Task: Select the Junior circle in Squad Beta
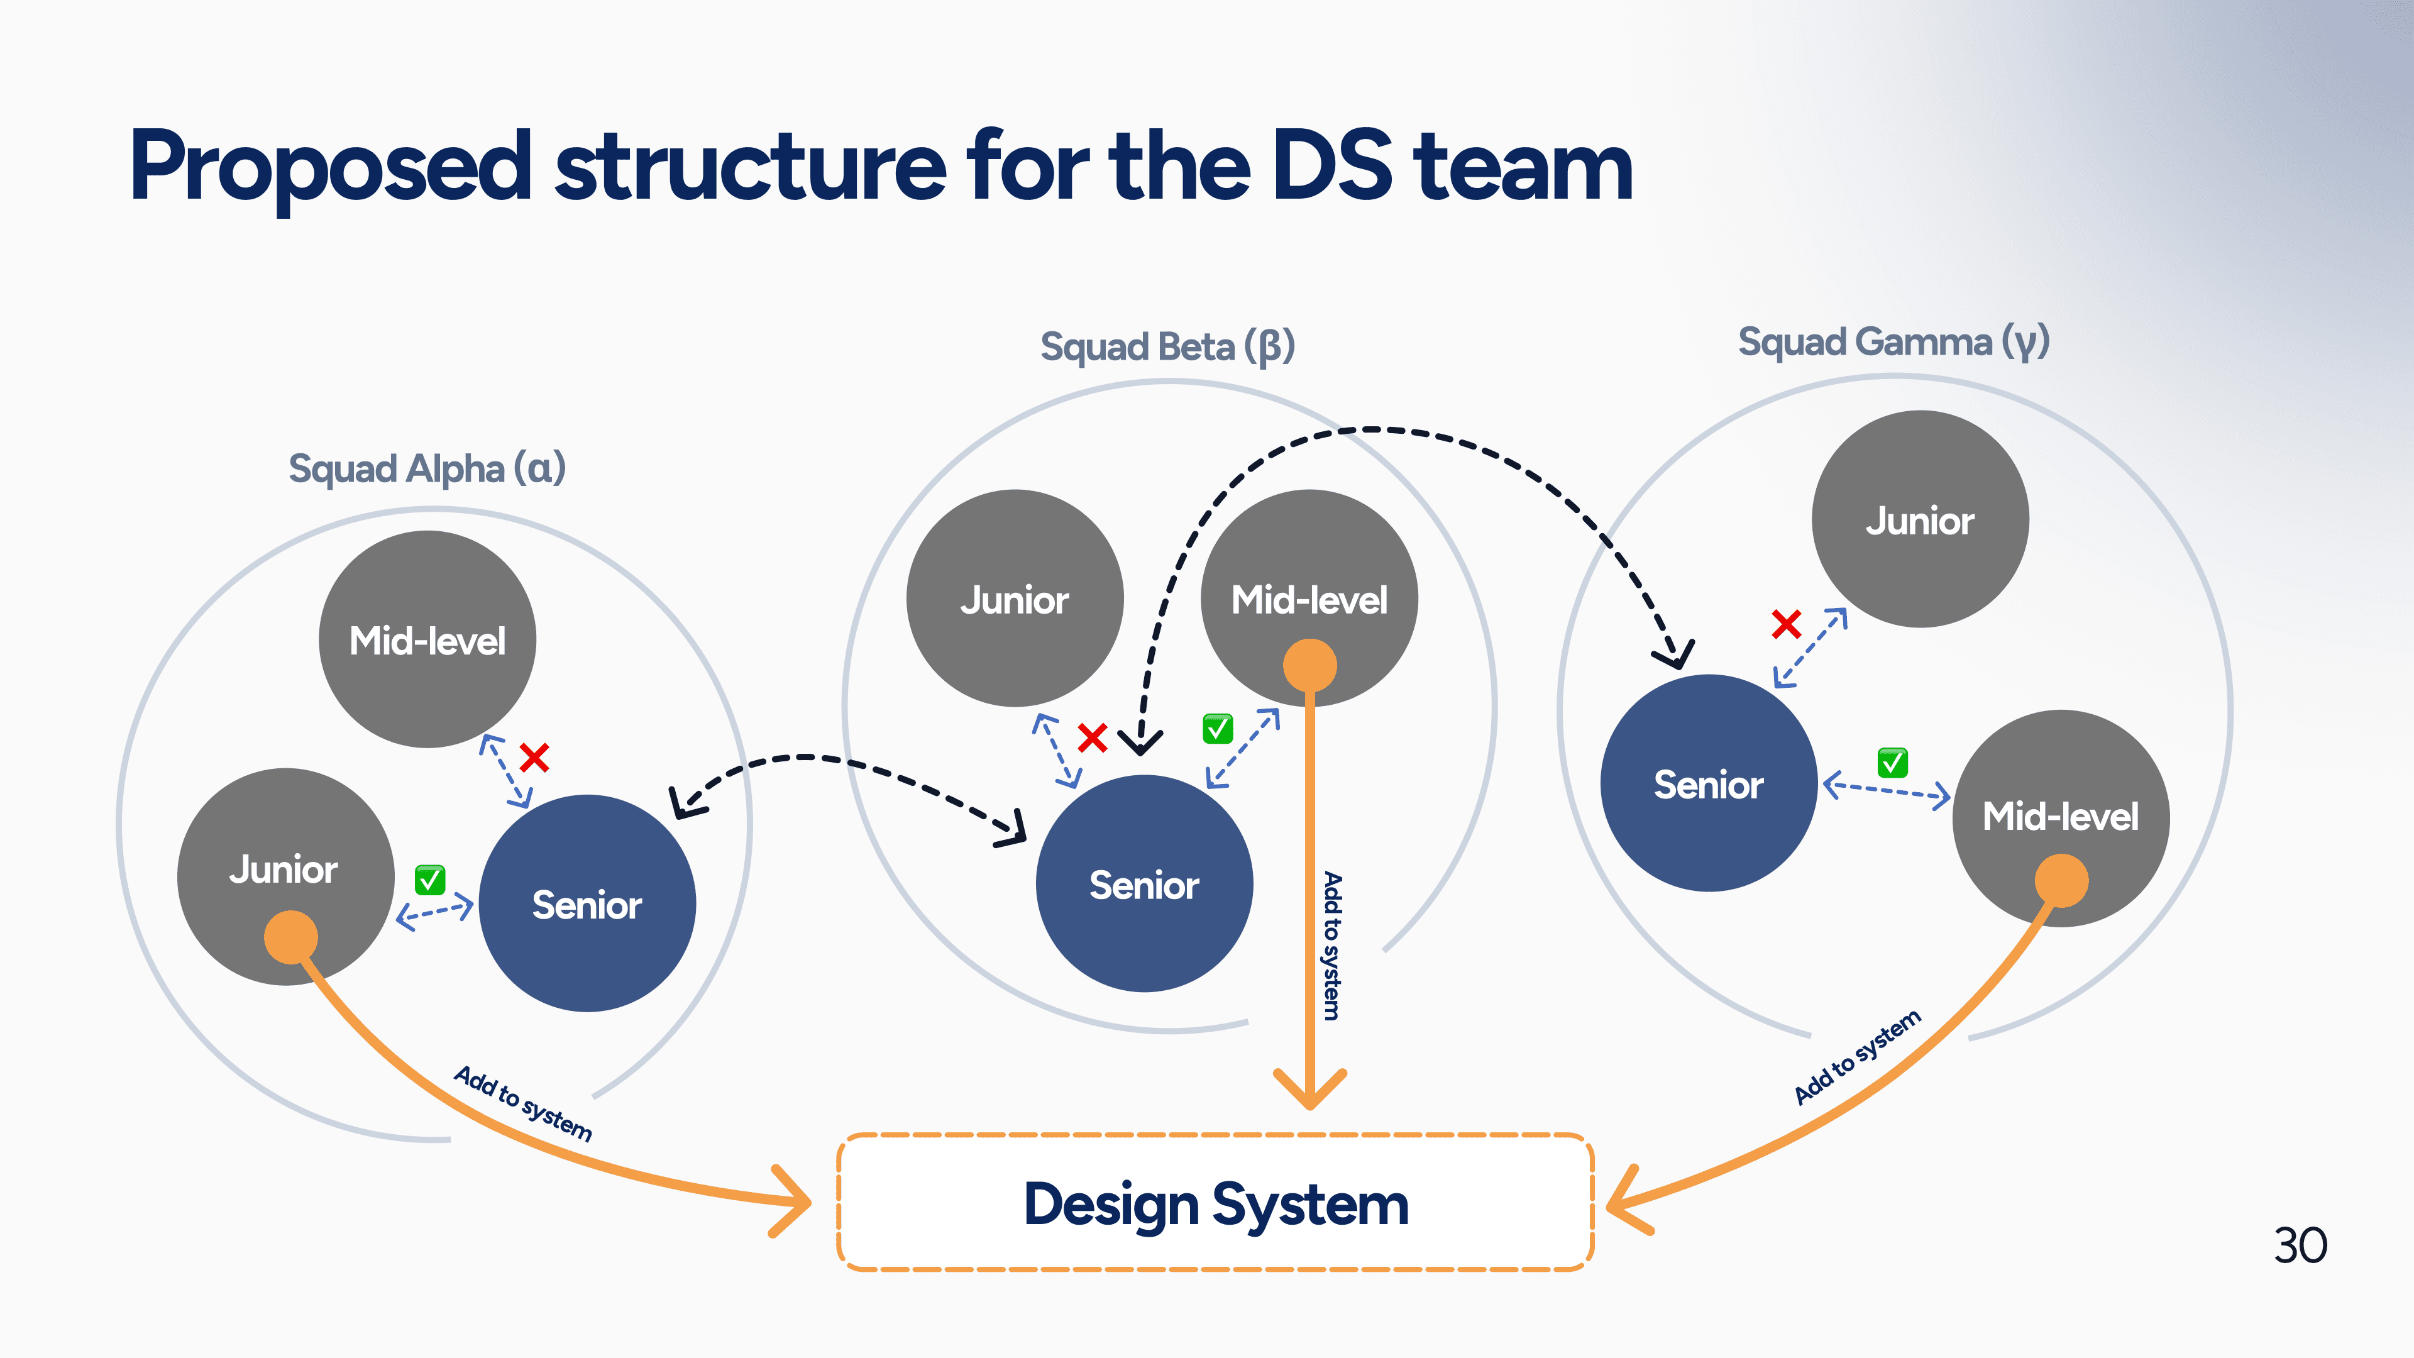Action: tap(1015, 598)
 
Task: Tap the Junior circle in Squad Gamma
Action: tap(1920, 519)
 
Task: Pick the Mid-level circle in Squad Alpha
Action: tap(427, 639)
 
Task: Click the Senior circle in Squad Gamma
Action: tap(1709, 783)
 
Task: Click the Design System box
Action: tap(1215, 1203)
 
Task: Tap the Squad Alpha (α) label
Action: tap(427, 468)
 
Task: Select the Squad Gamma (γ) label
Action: tap(1894, 342)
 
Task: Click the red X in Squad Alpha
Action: tap(534, 757)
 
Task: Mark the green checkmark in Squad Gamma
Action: tap(1892, 763)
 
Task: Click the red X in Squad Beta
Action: tap(1093, 737)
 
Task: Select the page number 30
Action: tap(2301, 1245)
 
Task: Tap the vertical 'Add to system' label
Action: tap(1331, 946)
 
